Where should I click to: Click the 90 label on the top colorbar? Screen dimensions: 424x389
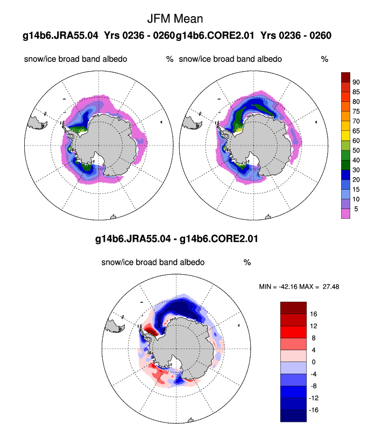click(x=356, y=82)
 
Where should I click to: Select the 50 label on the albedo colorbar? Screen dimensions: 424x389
click(x=356, y=150)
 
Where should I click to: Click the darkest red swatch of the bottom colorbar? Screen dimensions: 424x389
click(x=293, y=307)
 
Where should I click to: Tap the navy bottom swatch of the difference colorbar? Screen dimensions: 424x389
click(x=293, y=416)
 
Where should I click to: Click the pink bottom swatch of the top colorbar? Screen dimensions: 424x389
click(x=346, y=213)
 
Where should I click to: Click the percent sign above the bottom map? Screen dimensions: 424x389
click(x=247, y=262)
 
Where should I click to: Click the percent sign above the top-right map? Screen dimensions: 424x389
click(x=324, y=59)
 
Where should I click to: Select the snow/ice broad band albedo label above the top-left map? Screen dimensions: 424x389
click(x=75, y=59)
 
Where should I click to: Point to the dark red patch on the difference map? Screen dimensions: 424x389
click(x=152, y=329)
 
